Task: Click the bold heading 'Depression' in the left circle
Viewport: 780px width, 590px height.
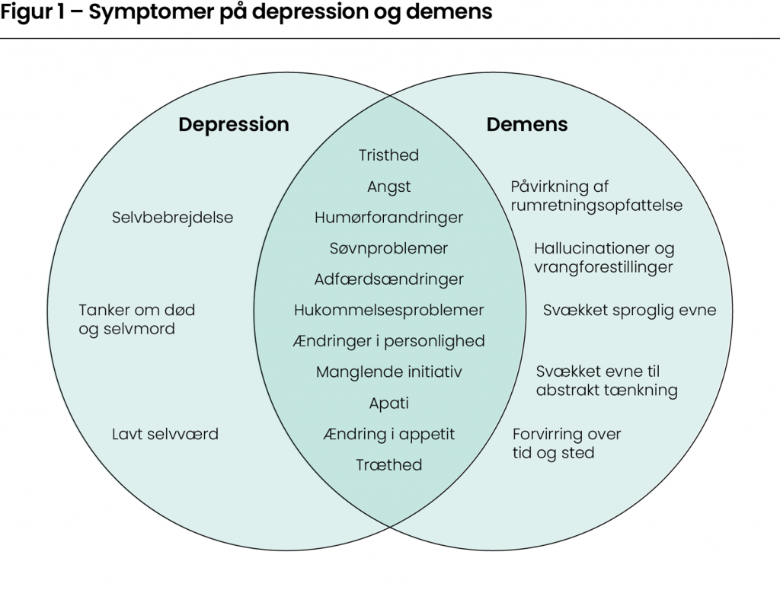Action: pos(234,124)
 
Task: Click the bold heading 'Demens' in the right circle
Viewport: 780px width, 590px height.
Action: pos(527,124)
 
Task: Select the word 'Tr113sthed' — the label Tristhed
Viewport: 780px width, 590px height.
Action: pos(388,155)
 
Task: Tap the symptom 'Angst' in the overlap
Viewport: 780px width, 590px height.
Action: pos(388,187)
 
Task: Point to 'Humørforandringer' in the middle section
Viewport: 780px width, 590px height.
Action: pos(388,218)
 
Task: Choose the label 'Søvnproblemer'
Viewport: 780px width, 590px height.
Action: pos(388,248)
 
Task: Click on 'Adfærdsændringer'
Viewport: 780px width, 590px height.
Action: pos(388,279)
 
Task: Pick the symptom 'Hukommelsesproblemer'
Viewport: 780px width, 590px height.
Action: pos(388,310)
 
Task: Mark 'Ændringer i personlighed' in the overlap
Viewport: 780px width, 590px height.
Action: pos(388,341)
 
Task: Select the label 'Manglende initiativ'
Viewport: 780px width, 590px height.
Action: pos(388,372)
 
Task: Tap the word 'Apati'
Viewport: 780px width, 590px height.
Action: pos(388,403)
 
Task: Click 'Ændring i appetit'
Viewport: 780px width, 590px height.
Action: pos(388,434)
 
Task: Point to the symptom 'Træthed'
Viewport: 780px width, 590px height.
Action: pos(388,465)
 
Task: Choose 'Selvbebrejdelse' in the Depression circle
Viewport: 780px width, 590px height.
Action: pos(172,218)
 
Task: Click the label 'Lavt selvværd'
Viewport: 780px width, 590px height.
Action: pos(165,434)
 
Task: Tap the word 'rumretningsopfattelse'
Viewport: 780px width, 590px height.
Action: pos(596,206)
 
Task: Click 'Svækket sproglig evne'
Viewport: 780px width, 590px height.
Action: pos(629,310)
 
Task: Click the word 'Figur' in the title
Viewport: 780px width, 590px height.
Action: pos(24,14)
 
